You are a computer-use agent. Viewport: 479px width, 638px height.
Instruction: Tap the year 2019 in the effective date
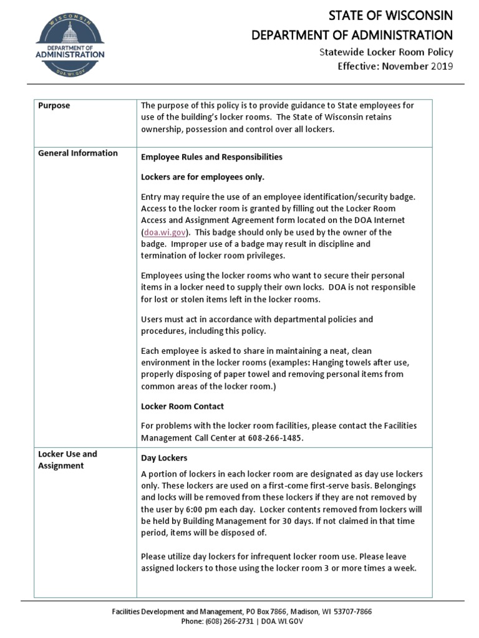click(x=442, y=66)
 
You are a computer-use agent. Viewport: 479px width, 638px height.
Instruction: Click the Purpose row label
click(x=54, y=105)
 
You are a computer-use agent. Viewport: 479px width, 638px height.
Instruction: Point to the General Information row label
click(x=78, y=153)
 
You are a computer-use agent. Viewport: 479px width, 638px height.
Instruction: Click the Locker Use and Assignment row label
click(x=68, y=460)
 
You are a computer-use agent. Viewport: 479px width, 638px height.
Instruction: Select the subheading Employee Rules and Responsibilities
click(x=211, y=157)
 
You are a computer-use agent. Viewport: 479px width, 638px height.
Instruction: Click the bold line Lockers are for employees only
click(x=203, y=177)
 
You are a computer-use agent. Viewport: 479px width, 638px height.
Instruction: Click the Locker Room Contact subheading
click(x=182, y=406)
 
